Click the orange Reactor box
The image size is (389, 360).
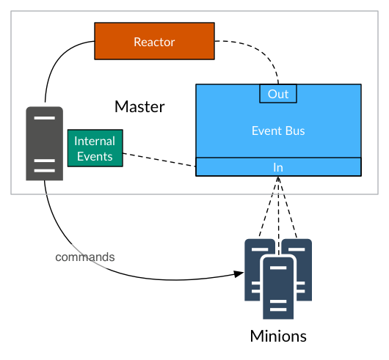coord(154,41)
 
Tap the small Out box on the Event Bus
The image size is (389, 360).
coord(278,94)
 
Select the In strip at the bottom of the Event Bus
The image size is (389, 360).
coord(278,167)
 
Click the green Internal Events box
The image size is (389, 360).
coord(95,148)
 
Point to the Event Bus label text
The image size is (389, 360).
coord(278,131)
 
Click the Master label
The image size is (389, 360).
coord(139,107)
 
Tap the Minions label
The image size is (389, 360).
coord(278,337)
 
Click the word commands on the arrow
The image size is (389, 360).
coord(85,257)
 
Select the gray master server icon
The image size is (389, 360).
coord(45,144)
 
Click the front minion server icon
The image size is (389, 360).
coord(278,288)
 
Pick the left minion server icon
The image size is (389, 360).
coord(255,270)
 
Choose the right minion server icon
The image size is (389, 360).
coord(301,270)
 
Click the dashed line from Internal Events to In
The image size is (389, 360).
coord(159,160)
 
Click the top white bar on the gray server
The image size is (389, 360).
coord(45,118)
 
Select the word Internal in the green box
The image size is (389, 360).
coord(95,141)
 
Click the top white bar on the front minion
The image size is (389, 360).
coord(278,268)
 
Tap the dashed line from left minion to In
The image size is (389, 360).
coord(269,207)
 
